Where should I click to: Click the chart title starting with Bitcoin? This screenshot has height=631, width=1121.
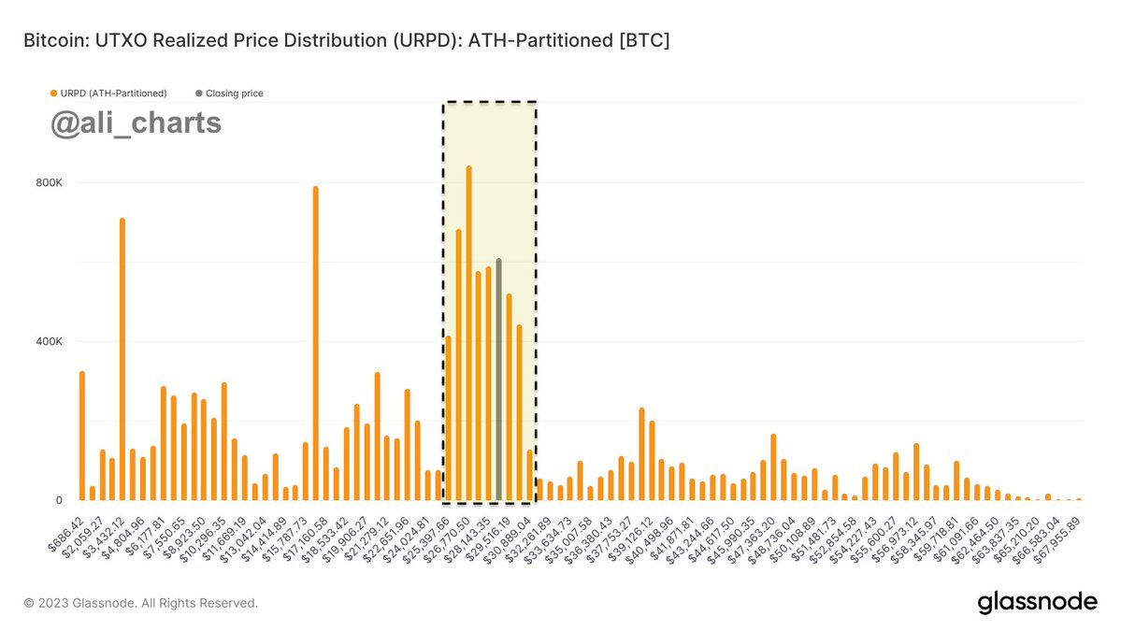[x=346, y=41]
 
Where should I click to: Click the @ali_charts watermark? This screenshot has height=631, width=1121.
[x=136, y=123]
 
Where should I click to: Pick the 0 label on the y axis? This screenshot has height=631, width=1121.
[x=58, y=500]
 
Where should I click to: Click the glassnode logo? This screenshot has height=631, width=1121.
[x=1037, y=603]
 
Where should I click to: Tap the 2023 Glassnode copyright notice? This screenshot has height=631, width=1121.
[x=140, y=603]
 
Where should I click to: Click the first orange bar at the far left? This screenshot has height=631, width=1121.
[x=82, y=436]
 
